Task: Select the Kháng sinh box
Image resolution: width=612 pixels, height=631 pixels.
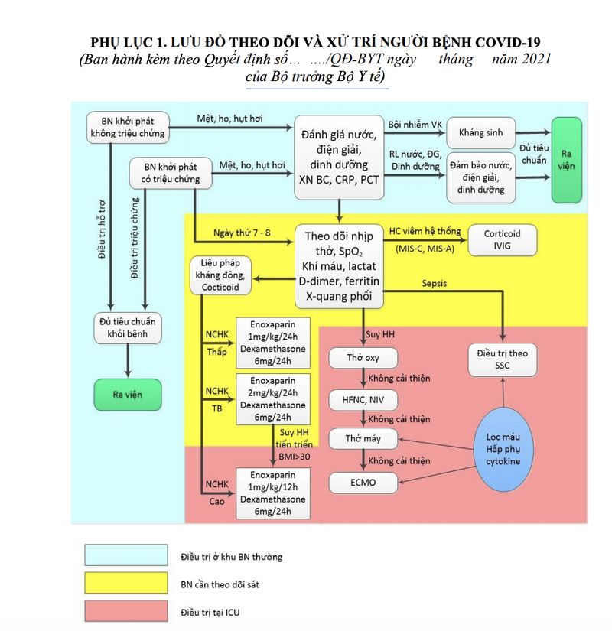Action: (481, 133)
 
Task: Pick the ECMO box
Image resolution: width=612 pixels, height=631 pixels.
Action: (363, 483)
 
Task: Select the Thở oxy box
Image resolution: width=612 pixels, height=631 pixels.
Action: (363, 357)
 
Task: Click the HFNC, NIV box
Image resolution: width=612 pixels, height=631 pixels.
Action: (363, 398)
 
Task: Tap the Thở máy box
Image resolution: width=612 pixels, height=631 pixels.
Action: (363, 439)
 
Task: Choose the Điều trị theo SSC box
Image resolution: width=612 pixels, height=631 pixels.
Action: (503, 359)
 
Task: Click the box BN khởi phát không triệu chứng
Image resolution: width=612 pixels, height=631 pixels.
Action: (127, 128)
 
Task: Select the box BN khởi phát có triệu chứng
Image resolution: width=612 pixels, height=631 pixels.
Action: (166, 173)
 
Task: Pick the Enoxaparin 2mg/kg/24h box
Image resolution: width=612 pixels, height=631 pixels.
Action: (272, 398)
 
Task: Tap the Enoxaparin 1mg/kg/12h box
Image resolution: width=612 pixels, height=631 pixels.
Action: (272, 493)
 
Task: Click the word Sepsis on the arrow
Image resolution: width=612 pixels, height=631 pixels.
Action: (435, 284)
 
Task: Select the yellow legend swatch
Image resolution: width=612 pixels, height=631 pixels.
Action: (126, 584)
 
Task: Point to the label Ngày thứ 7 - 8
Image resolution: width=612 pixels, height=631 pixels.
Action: (242, 233)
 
